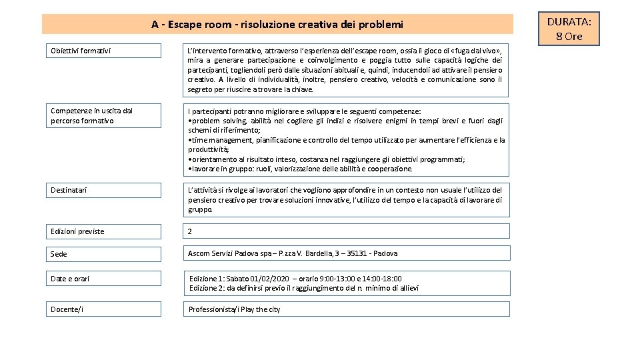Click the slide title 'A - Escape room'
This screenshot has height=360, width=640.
tap(277, 25)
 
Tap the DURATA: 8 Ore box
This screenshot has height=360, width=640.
tap(564, 29)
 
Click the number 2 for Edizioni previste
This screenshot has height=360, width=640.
tap(190, 231)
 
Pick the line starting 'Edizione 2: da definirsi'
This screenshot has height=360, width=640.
tap(304, 288)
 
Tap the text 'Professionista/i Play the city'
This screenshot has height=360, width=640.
tap(235, 309)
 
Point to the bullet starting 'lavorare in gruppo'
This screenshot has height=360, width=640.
tap(300, 169)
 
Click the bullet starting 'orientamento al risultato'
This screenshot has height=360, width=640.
tap(327, 159)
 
